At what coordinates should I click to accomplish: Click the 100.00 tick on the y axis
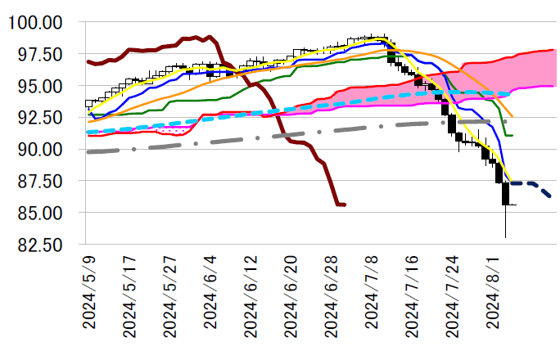click(x=39, y=22)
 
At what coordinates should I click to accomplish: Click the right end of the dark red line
click(x=345, y=205)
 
